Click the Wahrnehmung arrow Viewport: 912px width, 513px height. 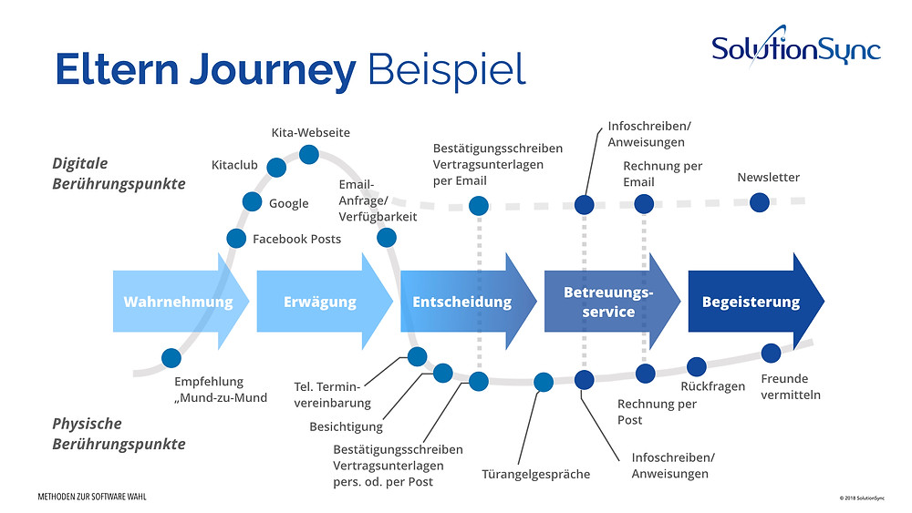point(181,301)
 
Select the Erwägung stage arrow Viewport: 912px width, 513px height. point(325,301)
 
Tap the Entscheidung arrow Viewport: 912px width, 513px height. point(468,301)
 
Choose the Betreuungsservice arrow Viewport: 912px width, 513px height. point(612,301)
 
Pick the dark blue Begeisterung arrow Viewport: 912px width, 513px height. point(756,301)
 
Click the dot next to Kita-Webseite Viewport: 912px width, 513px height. point(309,155)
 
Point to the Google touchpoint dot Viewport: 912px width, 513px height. point(252,202)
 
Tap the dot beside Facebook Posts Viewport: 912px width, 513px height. point(236,238)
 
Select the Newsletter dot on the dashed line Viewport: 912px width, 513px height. point(760,203)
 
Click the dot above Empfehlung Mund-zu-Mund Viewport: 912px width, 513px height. point(171,358)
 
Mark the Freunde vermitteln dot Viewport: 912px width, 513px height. point(771,353)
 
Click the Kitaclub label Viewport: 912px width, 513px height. point(234,165)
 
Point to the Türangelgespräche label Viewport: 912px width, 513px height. point(535,474)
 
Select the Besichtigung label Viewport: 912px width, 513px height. point(346,427)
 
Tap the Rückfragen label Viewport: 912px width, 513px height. point(712,386)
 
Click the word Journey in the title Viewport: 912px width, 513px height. point(273,71)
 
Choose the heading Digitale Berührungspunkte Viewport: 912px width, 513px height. point(119,174)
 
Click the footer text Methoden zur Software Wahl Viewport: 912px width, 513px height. point(92,497)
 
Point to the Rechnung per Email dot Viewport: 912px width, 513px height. point(644,204)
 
